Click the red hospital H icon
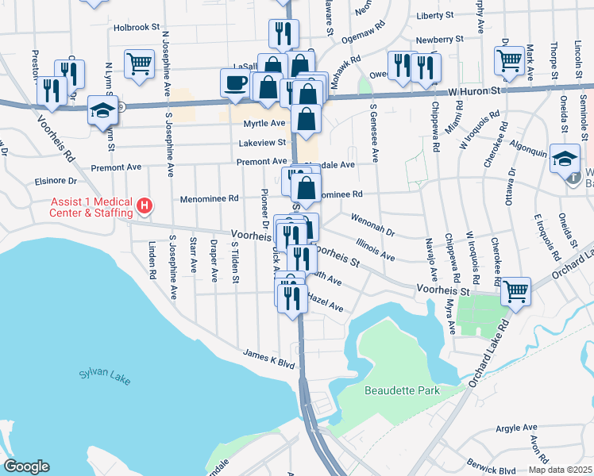(144, 207)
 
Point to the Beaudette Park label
(402, 390)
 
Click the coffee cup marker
(236, 83)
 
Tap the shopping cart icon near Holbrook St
(139, 63)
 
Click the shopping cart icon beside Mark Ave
(509, 59)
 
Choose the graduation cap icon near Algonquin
(565, 158)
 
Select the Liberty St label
(434, 15)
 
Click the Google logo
(27, 466)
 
